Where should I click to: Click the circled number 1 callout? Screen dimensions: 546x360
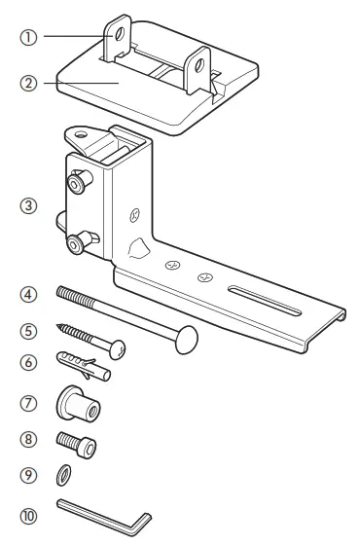pyautogui.click(x=29, y=39)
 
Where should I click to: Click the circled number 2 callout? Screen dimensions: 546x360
pyautogui.click(x=29, y=83)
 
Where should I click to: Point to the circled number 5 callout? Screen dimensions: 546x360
pyautogui.click(x=29, y=330)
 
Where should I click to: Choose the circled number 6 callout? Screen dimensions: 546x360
pyautogui.click(x=29, y=362)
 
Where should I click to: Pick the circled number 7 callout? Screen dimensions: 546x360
pyautogui.click(x=29, y=400)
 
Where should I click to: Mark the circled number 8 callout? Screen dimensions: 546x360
pyautogui.click(x=29, y=439)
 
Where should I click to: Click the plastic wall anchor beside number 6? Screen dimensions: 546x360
pyautogui.click(x=84, y=364)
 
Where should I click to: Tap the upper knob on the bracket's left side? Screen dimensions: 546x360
pyautogui.click(x=76, y=181)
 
